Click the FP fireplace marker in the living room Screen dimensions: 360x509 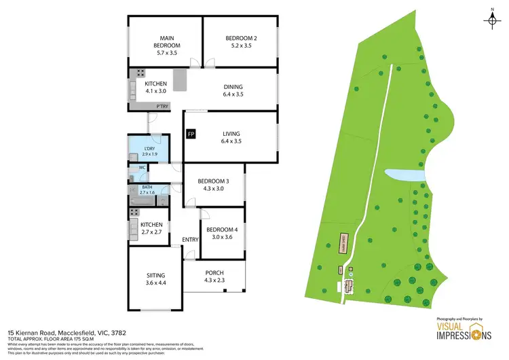[x=191, y=134]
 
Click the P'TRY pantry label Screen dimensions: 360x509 [x=162, y=107]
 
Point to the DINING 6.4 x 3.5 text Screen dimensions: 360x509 [x=232, y=90]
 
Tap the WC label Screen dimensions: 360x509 [x=143, y=167]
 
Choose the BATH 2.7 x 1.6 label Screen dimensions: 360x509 [x=147, y=190]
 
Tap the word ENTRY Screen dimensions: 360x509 [x=190, y=240]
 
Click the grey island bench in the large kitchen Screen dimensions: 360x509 [x=180, y=79]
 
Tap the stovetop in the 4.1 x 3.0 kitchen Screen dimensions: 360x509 [x=140, y=73]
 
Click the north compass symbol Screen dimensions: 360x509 [x=491, y=20]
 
